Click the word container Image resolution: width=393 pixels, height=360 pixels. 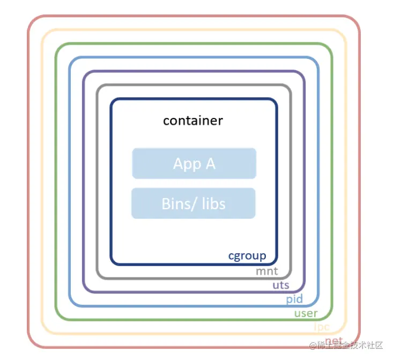coord(192,120)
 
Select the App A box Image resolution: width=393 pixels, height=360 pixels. coord(194,164)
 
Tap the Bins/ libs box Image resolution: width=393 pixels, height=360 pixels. coord(193,203)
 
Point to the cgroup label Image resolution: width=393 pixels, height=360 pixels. coord(247,256)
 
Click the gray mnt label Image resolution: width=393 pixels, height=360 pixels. coord(266,271)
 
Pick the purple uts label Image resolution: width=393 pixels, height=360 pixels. coord(281,285)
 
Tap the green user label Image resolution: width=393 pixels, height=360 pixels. coord(306,313)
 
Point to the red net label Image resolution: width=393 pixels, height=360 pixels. coord(333,340)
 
